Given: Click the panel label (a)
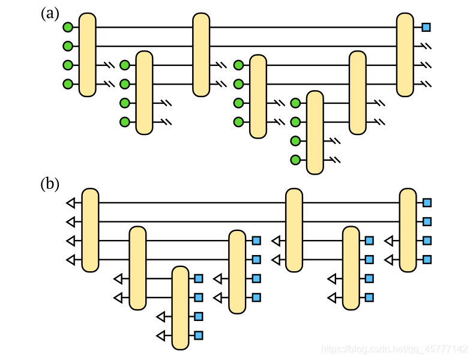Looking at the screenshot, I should click(50, 13).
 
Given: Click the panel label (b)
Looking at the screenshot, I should click(50, 184).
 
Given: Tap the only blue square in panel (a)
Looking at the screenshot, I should click(426, 27).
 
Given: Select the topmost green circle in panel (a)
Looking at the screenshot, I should click(68, 27).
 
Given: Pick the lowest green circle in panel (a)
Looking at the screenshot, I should click(295, 160).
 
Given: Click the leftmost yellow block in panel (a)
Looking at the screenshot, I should click(88, 54).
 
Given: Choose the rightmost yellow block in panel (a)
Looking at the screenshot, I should click(405, 54).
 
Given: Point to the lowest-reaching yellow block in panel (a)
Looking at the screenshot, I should click(315, 132).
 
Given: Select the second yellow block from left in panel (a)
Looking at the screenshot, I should click(144, 92).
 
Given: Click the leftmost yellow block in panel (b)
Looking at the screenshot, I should click(90, 230).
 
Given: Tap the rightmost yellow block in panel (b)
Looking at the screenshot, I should click(408, 230).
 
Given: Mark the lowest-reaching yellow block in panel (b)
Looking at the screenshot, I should click(180, 307).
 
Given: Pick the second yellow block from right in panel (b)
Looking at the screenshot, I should click(351, 268).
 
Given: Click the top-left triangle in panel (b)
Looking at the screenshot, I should click(71, 203).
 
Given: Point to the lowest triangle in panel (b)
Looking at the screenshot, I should click(160, 335).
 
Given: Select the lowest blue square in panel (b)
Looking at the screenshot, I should click(199, 335).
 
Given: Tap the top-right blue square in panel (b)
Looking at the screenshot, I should click(427, 203).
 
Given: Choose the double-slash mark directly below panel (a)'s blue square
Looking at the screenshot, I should click(426, 46).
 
